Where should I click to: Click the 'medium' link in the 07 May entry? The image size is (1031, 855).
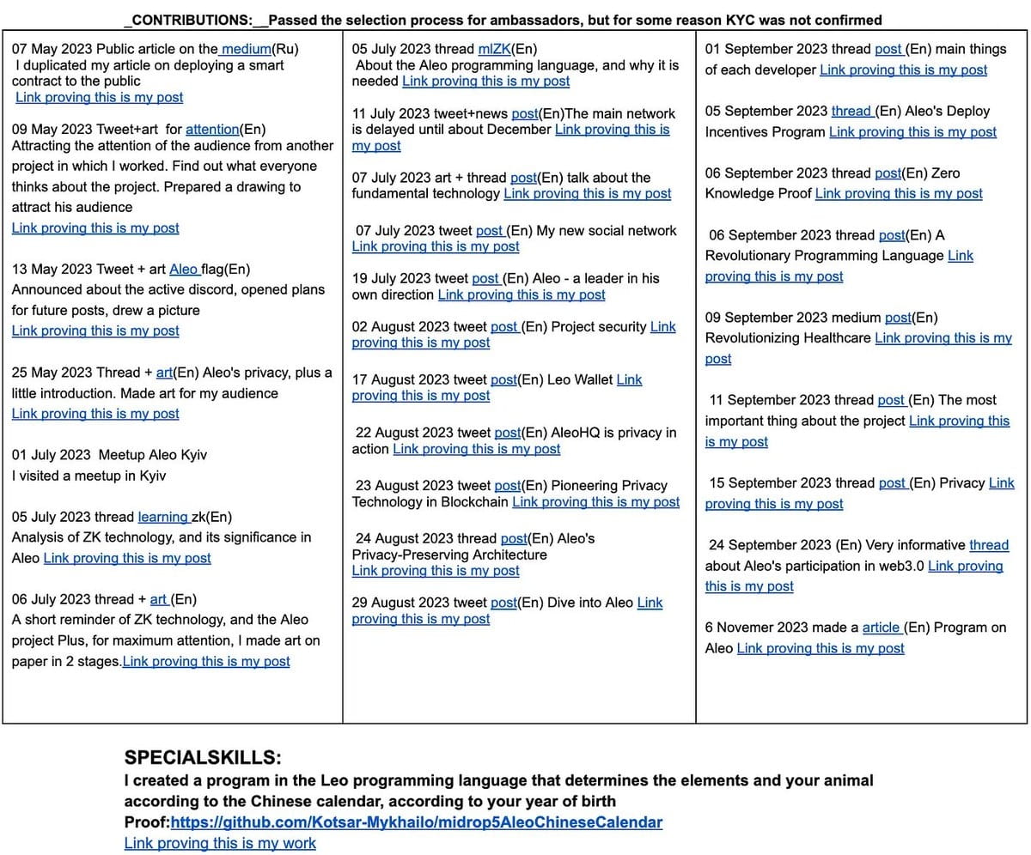pyautogui.click(x=247, y=49)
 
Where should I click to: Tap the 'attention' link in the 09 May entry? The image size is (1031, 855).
pyautogui.click(x=212, y=129)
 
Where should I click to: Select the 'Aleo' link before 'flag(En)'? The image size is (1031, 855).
pyautogui.click(x=184, y=269)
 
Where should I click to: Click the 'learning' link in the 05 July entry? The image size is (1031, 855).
pyautogui.click(x=163, y=517)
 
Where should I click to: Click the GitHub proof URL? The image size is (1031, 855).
pyautogui.click(x=417, y=822)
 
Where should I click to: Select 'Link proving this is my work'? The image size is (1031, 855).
pyautogui.click(x=220, y=843)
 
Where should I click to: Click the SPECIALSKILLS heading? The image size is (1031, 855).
pyautogui.click(x=203, y=758)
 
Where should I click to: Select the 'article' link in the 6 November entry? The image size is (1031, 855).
pyautogui.click(x=882, y=628)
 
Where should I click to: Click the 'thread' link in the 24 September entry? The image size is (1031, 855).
pyautogui.click(x=989, y=545)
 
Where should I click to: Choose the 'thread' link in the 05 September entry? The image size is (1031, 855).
pyautogui.click(x=851, y=111)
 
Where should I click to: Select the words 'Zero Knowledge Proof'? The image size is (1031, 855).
pyautogui.click(x=833, y=183)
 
